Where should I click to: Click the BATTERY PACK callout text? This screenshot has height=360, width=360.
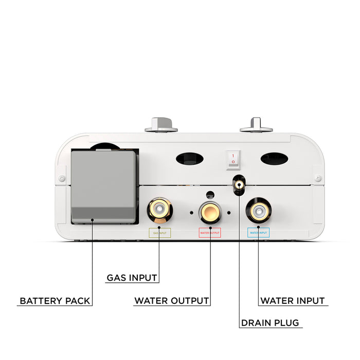(55, 301)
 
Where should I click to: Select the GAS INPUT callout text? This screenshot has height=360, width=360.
(132, 278)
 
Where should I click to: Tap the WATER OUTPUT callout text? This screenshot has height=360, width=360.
(171, 301)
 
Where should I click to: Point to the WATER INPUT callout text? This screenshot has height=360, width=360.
(293, 301)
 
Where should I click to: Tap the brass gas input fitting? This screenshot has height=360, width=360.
(159, 210)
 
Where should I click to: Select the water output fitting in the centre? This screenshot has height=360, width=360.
(210, 211)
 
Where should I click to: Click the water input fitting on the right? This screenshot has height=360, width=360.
(259, 210)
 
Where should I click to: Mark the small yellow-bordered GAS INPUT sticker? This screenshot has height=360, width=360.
(159, 232)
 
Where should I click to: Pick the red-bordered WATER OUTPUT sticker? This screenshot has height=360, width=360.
(210, 232)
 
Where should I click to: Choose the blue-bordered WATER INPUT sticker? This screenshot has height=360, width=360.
(259, 232)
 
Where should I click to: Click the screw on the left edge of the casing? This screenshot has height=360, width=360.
(62, 178)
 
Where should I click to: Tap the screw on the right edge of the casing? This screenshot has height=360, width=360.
(318, 178)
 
